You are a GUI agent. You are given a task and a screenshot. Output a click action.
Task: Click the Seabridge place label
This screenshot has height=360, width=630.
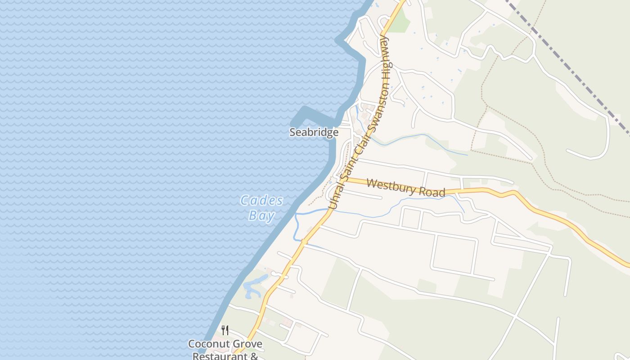coord(314,132)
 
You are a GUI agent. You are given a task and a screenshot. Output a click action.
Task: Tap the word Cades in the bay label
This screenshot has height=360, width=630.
coord(261,200)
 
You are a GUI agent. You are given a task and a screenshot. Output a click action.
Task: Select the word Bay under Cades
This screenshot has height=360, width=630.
coord(261,216)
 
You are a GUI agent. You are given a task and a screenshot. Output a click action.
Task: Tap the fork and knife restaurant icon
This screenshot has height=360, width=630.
coord(225,330)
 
